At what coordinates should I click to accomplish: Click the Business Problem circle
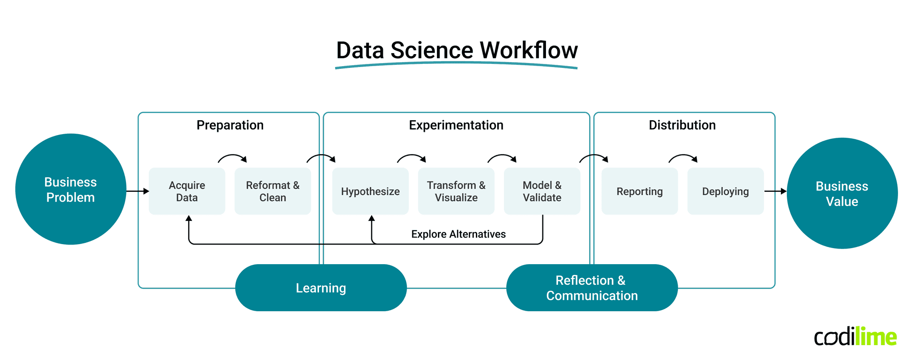point(71,189)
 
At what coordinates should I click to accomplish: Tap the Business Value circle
point(842,193)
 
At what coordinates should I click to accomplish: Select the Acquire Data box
point(187,191)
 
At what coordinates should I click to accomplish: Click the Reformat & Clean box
point(273,191)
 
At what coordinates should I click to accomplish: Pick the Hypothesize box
point(370,191)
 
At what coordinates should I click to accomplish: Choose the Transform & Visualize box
point(456,191)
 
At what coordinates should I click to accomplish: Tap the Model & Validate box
point(542,191)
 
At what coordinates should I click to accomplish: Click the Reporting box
point(639,191)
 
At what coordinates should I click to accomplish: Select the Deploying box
point(725,191)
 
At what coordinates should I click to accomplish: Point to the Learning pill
point(321,288)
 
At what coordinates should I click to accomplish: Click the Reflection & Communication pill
point(592,288)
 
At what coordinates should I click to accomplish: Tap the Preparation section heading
point(230,125)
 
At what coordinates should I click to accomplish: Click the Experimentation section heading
point(456,125)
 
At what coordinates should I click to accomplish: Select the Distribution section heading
point(682,125)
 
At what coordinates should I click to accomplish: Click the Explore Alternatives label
point(458,234)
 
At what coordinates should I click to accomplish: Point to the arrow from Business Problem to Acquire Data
point(137,191)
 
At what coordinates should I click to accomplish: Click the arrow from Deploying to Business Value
point(775,191)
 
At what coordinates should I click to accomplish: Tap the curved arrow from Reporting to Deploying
point(683,157)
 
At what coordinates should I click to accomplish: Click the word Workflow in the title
point(529,50)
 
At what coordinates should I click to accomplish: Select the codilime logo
point(855,337)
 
